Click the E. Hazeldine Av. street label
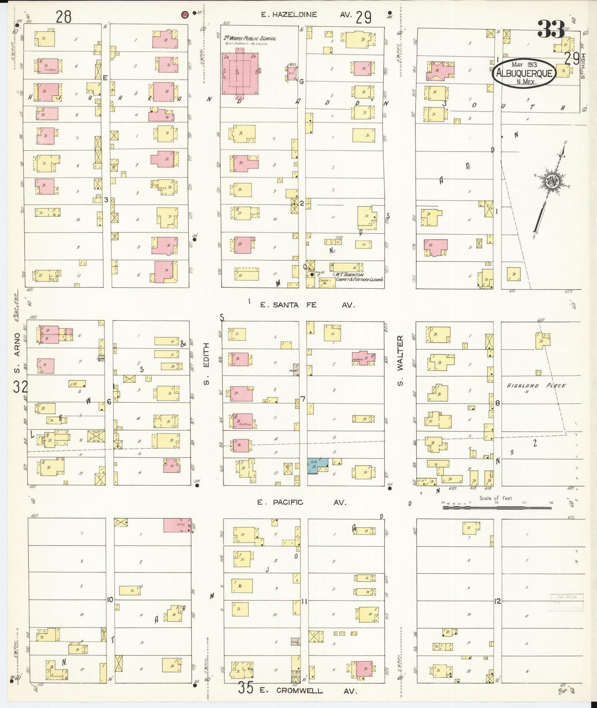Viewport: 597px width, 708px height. click(x=306, y=14)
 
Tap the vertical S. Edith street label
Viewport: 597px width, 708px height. click(x=207, y=364)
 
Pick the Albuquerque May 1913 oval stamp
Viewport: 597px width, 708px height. click(x=524, y=72)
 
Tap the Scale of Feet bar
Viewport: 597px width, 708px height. click(x=497, y=506)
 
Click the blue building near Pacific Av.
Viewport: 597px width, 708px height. click(x=317, y=466)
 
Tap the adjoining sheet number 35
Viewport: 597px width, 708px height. click(x=245, y=688)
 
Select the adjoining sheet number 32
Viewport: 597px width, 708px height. click(x=20, y=387)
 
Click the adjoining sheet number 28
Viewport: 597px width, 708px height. click(x=64, y=17)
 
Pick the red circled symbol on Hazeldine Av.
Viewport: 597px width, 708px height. click(x=185, y=14)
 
